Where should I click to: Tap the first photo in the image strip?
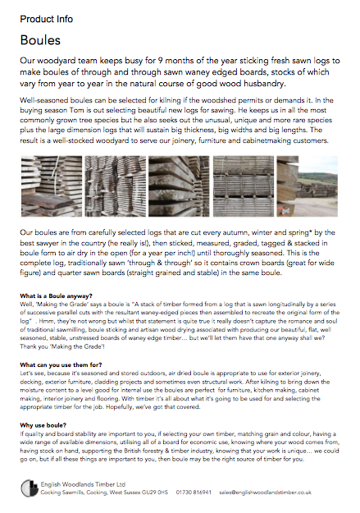click(50, 186)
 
